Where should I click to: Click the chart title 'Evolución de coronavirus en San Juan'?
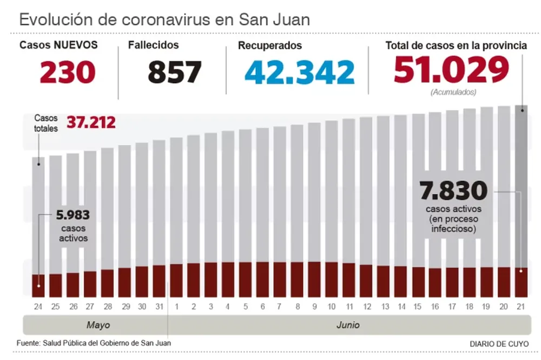pyautogui.click(x=164, y=20)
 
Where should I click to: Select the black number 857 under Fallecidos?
pyautogui.click(x=175, y=71)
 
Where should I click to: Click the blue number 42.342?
pyautogui.click(x=299, y=71)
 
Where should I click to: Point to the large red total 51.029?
pyautogui.click(x=452, y=69)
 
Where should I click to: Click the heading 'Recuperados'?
pyautogui.click(x=269, y=45)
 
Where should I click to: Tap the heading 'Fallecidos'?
pyautogui.click(x=153, y=45)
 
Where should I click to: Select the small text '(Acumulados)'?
pyautogui.click(x=453, y=92)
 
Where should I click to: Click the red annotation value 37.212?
pyautogui.click(x=91, y=122)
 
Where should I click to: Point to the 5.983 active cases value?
pyautogui.click(x=72, y=215)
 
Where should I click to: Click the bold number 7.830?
pyautogui.click(x=453, y=191)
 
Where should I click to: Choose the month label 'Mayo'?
pyautogui.click(x=98, y=325)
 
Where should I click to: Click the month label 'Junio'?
pyautogui.click(x=347, y=325)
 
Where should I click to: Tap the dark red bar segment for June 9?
pyautogui.click(x=314, y=279)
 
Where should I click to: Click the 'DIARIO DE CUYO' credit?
pyautogui.click(x=499, y=344)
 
